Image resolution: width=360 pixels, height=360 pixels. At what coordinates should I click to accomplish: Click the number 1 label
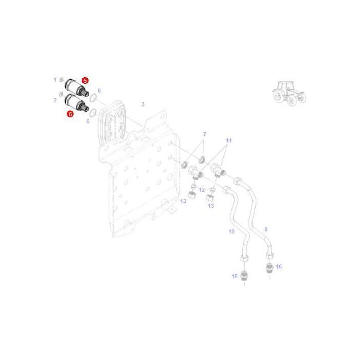click(55, 80)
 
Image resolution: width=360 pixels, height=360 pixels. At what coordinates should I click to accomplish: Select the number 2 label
click(55, 100)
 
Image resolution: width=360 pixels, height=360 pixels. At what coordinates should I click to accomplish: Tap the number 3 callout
click(143, 104)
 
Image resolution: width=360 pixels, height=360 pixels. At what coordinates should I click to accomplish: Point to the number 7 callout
click(204, 134)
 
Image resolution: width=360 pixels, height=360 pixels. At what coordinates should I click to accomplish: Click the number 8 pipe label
click(266, 229)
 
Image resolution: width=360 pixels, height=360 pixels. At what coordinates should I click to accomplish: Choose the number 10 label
click(231, 231)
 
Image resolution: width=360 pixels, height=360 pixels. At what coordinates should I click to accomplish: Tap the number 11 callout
click(229, 140)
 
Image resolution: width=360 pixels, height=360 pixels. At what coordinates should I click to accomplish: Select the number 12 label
click(202, 190)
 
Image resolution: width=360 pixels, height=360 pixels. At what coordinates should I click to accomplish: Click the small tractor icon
click(290, 94)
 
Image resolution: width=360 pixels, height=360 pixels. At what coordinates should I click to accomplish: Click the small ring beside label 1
click(61, 80)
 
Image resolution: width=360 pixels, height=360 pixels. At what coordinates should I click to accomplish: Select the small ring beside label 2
click(61, 94)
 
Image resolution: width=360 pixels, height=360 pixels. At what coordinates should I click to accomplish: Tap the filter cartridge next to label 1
click(77, 88)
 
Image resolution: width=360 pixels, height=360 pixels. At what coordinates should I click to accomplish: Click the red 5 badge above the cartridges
click(85, 81)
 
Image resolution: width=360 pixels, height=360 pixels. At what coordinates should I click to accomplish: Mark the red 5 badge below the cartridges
click(70, 114)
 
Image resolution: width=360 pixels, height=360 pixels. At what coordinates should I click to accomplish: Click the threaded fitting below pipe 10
click(244, 276)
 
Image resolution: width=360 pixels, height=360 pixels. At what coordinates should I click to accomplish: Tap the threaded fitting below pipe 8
click(269, 268)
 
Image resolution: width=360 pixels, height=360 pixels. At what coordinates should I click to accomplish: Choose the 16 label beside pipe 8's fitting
click(279, 266)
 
